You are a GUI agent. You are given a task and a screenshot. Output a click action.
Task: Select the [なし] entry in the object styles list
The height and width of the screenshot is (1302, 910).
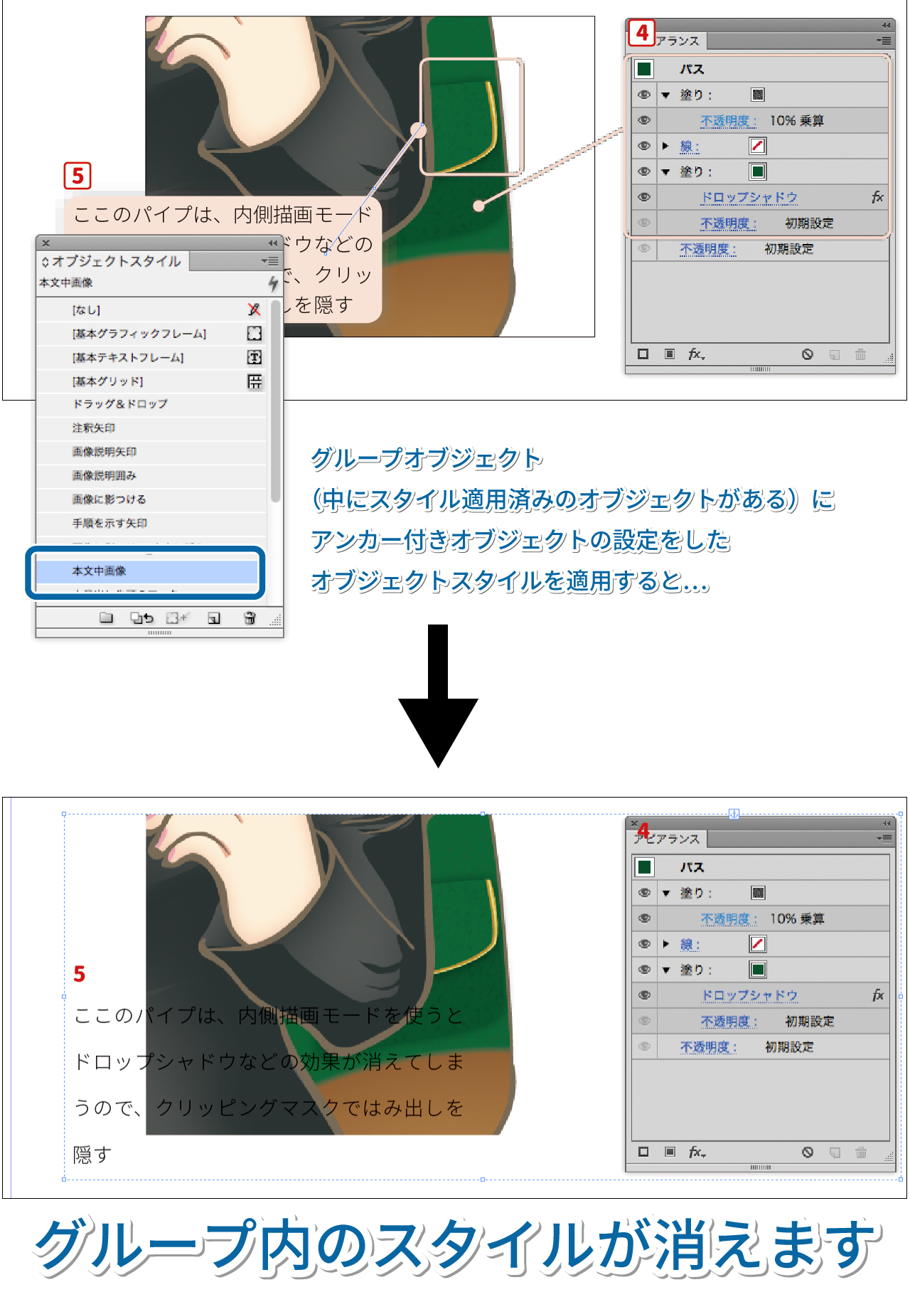coord(86,310)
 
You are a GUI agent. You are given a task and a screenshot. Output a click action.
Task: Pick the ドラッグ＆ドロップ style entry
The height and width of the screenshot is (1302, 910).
coord(120,404)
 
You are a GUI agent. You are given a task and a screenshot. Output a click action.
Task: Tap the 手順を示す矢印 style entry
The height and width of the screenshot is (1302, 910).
coord(109,524)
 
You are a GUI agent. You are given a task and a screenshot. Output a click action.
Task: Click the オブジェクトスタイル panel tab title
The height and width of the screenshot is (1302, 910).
coord(116,261)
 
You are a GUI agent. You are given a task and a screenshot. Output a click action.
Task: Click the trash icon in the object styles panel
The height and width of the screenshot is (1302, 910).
coord(250,618)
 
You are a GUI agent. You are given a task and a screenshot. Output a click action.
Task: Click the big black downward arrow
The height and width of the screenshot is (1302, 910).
coord(438,697)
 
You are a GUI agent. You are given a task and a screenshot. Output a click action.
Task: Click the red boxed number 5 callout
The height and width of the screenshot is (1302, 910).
coord(77,175)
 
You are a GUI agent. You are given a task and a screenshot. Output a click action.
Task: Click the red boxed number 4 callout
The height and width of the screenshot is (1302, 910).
coord(642,33)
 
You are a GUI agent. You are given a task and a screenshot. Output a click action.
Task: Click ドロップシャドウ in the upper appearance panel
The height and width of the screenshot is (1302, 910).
coord(749,198)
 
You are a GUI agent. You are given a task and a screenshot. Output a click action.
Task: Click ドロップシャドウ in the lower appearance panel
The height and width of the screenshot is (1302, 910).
coord(749,995)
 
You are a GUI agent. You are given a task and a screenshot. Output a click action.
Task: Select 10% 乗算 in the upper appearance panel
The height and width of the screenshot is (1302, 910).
coord(796,121)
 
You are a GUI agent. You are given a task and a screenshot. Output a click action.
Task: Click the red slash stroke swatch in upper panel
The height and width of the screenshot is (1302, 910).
coord(758,146)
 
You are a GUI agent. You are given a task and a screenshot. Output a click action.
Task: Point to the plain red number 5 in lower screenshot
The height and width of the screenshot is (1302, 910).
coord(80,974)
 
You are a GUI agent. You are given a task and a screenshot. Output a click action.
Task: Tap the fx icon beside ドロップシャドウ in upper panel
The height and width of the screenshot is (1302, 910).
coord(877,197)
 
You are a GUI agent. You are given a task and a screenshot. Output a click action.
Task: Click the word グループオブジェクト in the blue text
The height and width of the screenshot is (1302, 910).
coord(427,459)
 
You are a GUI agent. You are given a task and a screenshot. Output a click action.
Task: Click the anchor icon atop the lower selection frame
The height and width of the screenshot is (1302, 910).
coord(734,813)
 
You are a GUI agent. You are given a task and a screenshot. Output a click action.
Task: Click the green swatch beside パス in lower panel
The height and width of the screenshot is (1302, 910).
coord(645,867)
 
